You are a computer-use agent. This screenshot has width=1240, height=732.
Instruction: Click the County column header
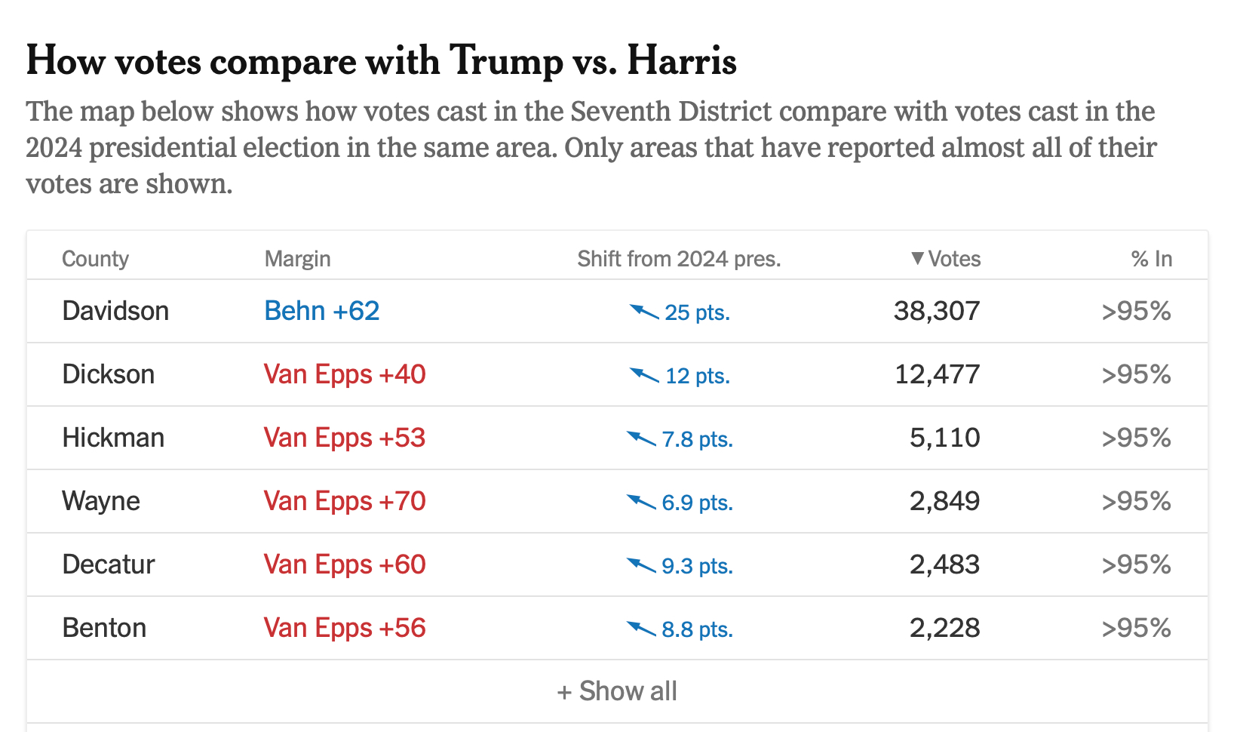click(95, 259)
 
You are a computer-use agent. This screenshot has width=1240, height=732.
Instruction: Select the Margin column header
click(297, 259)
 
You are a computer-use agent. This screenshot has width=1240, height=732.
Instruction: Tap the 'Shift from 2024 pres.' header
click(679, 259)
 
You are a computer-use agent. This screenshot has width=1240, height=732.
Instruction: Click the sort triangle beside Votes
click(917, 258)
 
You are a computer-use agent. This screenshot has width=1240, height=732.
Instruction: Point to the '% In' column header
click(1151, 259)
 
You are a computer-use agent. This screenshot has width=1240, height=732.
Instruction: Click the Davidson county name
click(115, 311)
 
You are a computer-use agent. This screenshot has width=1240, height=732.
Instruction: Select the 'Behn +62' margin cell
click(321, 311)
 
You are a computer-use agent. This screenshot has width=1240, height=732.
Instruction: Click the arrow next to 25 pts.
click(644, 311)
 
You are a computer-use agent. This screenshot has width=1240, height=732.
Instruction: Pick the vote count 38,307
click(937, 311)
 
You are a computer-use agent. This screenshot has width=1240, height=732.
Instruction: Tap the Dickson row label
click(108, 374)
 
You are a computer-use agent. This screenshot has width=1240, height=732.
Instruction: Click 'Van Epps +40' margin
click(345, 374)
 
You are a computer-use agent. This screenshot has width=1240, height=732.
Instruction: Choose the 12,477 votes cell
click(937, 374)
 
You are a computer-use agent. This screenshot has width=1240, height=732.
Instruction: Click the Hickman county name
click(113, 438)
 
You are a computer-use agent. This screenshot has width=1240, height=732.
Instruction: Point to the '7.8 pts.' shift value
click(697, 439)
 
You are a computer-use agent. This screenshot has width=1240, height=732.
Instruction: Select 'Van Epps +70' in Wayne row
click(345, 501)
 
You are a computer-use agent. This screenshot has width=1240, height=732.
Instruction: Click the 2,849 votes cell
click(944, 501)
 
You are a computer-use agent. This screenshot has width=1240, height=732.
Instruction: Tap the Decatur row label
click(108, 564)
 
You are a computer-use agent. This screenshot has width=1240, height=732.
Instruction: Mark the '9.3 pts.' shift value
click(697, 566)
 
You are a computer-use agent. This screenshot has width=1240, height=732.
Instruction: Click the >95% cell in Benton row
click(1136, 628)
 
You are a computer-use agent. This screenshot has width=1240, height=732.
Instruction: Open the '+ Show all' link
click(617, 691)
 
